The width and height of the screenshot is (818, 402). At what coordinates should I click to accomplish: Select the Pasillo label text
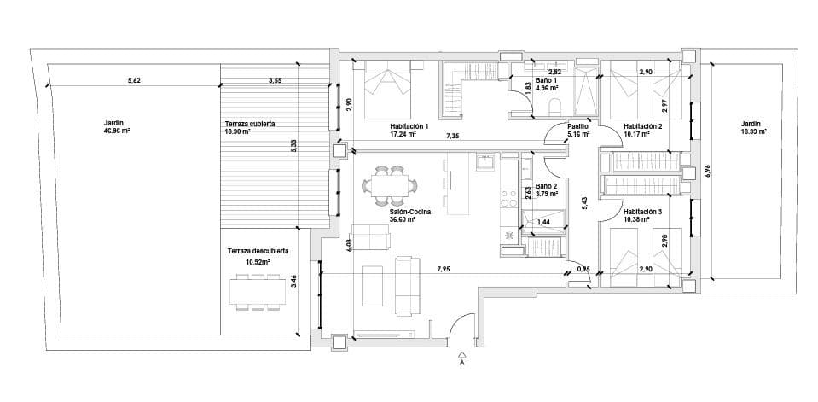point(578,125)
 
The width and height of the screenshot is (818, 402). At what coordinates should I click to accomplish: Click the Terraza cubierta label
point(249,124)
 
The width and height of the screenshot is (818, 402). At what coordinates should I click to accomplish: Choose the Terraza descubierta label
point(258,251)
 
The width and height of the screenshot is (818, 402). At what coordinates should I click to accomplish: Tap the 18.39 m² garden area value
point(753,131)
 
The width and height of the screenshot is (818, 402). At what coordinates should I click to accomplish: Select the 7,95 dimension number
point(444,270)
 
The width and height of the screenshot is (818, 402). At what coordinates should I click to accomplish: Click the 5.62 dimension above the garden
point(133,80)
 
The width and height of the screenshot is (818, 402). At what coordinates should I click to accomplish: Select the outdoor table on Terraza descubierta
point(256,291)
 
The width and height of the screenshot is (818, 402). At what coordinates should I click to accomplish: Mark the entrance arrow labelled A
point(461,358)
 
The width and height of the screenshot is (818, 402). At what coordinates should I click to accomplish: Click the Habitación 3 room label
point(642,212)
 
